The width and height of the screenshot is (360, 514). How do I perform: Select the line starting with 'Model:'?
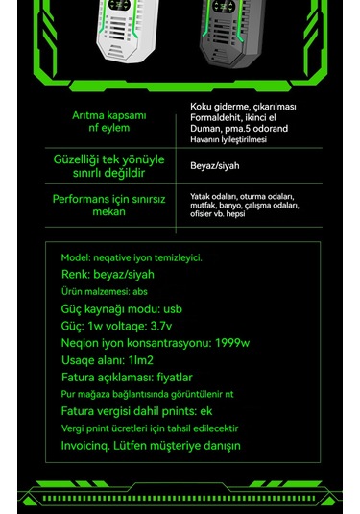[132, 257]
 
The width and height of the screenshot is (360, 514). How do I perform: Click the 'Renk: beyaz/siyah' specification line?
[113, 274]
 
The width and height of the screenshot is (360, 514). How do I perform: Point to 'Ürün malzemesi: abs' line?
[105, 291]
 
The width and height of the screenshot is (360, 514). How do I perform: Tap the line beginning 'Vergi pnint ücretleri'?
[149, 428]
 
